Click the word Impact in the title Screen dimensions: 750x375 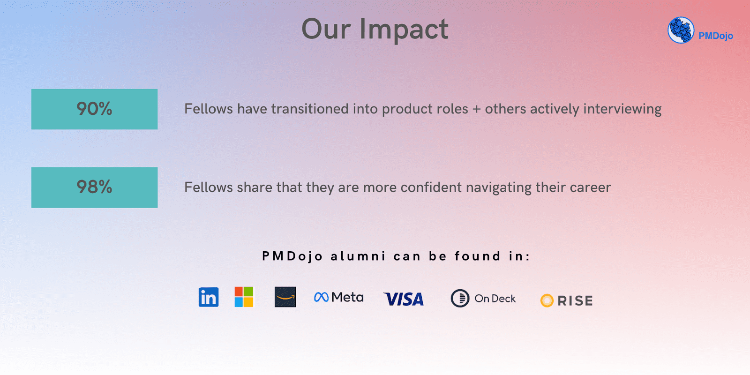coord(404,30)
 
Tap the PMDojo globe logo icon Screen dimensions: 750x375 coord(681,30)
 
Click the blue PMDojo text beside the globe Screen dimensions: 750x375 coord(715,36)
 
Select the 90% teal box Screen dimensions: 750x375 coord(94,109)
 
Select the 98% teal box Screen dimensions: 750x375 coord(94,187)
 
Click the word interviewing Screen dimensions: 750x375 coord(622,110)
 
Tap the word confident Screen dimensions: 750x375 coord(431,187)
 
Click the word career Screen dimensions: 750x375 coord(590,188)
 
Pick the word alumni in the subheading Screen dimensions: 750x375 coord(358,256)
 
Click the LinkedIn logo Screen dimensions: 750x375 coord(209,297)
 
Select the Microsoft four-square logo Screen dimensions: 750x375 coord(244,297)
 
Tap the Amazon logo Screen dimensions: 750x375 coord(285,297)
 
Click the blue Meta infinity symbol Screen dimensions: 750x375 coord(322,297)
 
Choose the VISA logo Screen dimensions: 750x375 coord(404,299)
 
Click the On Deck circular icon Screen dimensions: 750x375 coord(460,298)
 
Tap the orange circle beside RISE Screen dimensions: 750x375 coord(547,300)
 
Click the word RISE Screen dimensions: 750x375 coord(575,300)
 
